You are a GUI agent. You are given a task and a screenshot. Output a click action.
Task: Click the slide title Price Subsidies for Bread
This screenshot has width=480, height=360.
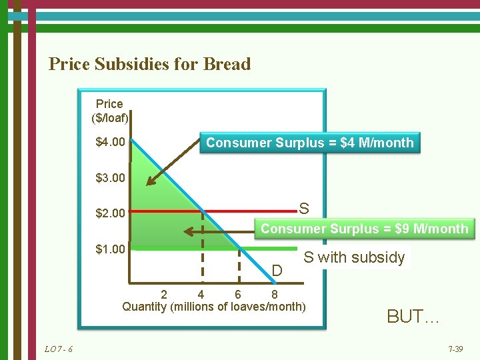149,64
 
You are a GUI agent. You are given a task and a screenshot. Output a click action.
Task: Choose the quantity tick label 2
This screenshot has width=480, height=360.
164,294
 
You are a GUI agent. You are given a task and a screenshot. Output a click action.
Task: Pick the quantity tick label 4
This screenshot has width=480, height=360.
201,294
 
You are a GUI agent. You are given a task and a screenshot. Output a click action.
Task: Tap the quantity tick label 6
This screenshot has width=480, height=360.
238,294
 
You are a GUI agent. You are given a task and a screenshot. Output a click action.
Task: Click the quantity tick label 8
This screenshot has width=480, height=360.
275,294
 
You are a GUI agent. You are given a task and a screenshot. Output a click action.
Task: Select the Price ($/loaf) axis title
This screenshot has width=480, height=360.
109,111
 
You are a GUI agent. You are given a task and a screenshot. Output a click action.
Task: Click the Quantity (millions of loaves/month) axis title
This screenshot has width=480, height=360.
213,307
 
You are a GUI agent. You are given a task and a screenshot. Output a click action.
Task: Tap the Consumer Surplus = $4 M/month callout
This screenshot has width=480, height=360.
310,143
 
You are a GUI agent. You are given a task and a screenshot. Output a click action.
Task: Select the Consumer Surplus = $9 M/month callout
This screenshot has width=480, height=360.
364,229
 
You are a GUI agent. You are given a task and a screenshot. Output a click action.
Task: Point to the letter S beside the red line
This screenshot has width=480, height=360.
304,209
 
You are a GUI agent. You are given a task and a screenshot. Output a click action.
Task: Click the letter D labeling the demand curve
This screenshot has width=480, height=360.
277,270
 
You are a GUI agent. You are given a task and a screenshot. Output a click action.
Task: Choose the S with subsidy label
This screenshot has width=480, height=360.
353,257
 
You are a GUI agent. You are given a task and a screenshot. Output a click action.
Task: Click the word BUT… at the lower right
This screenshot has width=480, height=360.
413,317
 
